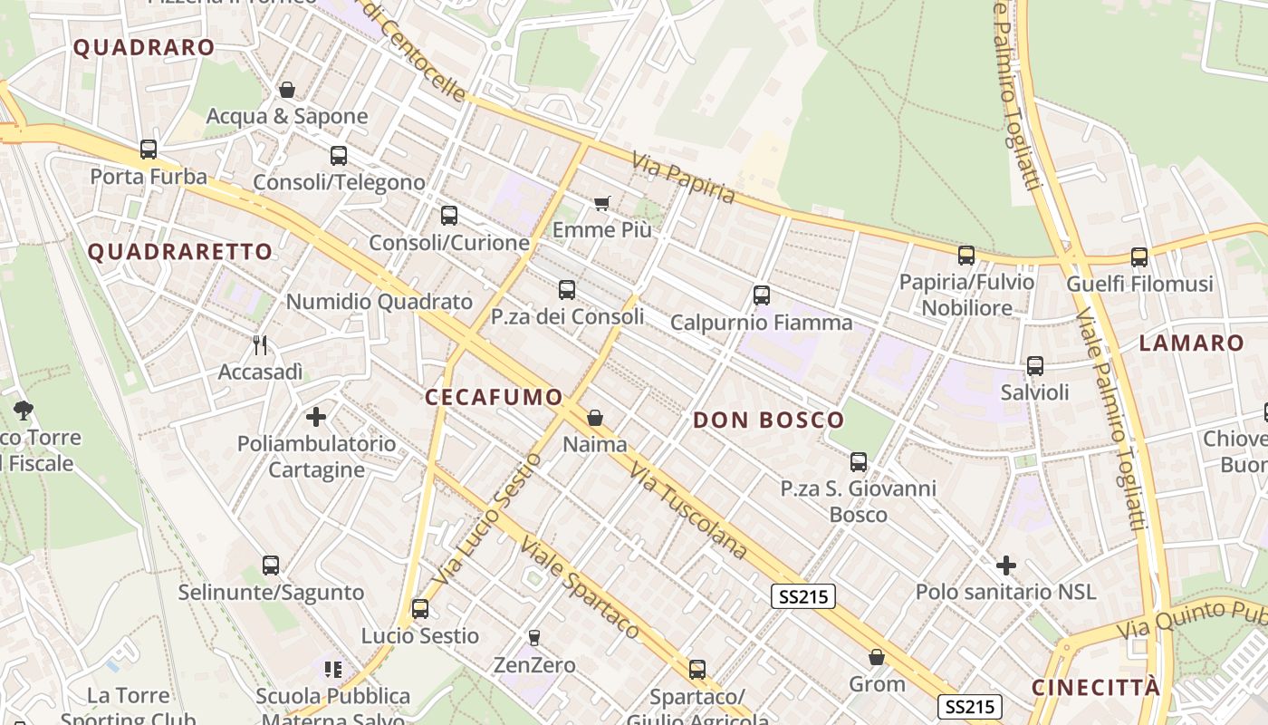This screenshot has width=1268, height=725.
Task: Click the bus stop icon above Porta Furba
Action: click(149, 150)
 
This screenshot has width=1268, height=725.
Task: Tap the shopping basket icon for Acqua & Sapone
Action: click(287, 90)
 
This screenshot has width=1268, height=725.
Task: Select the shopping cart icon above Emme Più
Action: click(602, 203)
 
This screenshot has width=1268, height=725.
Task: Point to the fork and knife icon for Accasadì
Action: click(260, 344)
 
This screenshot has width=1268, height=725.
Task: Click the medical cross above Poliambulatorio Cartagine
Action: click(316, 417)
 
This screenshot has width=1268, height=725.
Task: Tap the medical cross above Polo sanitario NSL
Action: click(1005, 565)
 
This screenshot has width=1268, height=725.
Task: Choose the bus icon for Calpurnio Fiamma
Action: click(762, 295)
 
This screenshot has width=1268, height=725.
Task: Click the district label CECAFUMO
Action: click(494, 397)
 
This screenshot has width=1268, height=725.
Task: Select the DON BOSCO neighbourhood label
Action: click(769, 420)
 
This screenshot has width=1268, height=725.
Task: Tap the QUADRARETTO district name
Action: click(180, 252)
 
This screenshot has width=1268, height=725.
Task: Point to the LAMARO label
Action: click(1191, 343)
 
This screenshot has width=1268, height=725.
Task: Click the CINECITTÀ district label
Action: click(1095, 687)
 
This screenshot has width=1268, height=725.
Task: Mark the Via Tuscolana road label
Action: click(689, 511)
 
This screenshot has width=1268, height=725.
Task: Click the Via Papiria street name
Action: click(684, 178)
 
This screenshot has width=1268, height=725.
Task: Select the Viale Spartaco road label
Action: click(580, 588)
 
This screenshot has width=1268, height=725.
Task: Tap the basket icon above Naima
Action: click(595, 418)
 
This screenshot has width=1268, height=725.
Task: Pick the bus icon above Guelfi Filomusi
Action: click(1138, 256)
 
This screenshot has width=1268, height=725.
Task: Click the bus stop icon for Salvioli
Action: click(1034, 366)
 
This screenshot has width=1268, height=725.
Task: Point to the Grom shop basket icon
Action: click(876, 657)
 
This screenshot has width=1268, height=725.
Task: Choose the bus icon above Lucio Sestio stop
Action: click(419, 608)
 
